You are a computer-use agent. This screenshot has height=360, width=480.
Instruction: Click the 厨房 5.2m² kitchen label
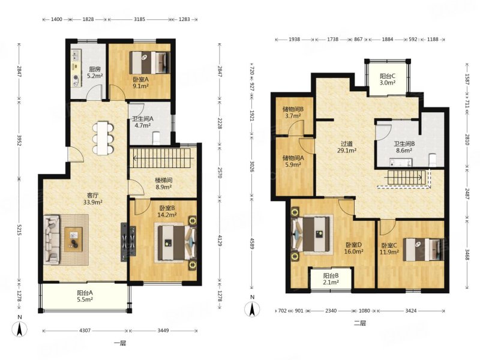[x=94, y=73]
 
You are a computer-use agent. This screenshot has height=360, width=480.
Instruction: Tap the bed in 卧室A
[x=149, y=63]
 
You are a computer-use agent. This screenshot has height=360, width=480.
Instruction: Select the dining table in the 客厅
[x=103, y=138]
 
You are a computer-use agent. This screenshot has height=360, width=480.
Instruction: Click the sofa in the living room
[x=52, y=239]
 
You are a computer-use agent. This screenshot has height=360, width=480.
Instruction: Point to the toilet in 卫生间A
[x=157, y=138]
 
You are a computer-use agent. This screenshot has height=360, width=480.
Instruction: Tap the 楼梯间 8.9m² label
[x=163, y=184]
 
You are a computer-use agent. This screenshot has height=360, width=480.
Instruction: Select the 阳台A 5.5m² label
[x=85, y=296]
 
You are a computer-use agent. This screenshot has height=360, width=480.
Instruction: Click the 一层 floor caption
[x=120, y=343]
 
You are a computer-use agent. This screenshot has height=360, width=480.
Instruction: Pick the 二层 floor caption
[x=359, y=323]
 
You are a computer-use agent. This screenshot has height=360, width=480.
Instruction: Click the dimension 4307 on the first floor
[x=85, y=331]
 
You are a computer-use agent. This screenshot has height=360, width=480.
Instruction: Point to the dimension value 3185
[x=140, y=19]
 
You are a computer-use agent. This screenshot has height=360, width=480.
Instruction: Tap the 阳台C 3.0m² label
[x=388, y=79]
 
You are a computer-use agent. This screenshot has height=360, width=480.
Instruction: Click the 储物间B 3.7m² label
[x=293, y=112]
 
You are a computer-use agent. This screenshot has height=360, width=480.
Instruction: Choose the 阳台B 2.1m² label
[x=331, y=278]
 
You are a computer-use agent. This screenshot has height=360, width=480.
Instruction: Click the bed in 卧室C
[x=424, y=250]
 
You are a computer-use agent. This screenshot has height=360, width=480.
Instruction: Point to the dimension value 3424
[x=410, y=311]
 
